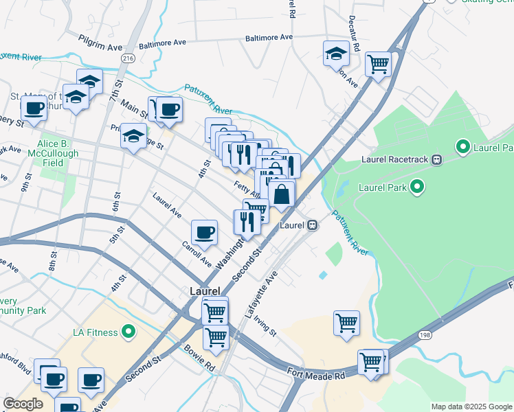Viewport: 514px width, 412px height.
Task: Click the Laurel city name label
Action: [x=204, y=291]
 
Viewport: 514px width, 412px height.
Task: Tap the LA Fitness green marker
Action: [x=128, y=332]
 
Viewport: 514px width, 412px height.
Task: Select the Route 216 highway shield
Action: [x=128, y=60]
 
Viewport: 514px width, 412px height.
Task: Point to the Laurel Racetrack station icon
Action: [x=436, y=159]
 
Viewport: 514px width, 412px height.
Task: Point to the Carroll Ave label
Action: [x=197, y=254]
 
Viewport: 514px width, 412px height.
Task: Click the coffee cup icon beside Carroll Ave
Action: [x=203, y=232]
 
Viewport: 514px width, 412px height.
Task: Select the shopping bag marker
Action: [x=282, y=194]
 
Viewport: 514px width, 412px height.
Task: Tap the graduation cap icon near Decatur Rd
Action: [x=336, y=53]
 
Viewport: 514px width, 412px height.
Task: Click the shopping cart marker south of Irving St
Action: [x=346, y=322]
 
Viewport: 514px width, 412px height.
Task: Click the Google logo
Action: [x=23, y=404]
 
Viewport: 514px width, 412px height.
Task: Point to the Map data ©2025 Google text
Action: [x=471, y=407]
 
